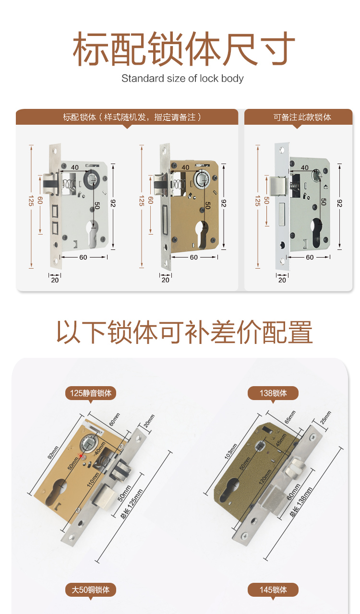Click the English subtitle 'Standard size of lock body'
click(x=182, y=78)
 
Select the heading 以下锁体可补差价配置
click(x=184, y=332)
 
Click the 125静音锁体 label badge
click(x=91, y=393)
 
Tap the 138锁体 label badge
click(x=273, y=393)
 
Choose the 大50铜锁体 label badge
click(x=91, y=590)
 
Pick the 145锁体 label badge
click(x=273, y=590)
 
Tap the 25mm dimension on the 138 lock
click(x=325, y=417)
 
